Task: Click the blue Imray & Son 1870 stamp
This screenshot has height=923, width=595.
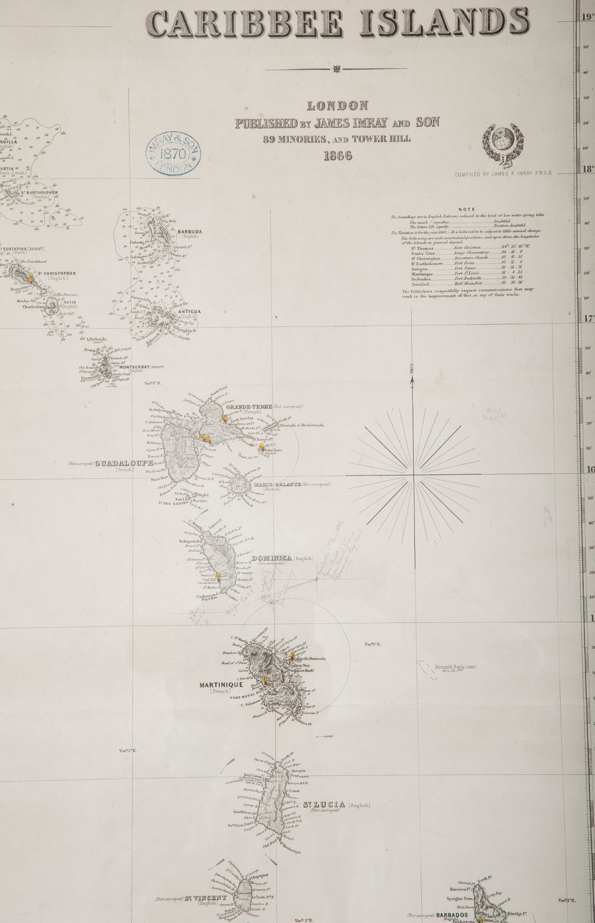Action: [x=173, y=156]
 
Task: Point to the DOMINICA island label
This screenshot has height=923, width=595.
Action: [x=272, y=558]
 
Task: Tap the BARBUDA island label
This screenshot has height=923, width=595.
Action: [x=190, y=232]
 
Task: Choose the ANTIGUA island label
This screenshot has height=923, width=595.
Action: [x=190, y=311]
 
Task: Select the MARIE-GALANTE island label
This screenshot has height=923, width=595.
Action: [x=277, y=484]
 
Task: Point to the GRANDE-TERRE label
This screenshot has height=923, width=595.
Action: [x=249, y=407]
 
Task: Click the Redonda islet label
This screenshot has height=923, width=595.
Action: [x=98, y=339]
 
